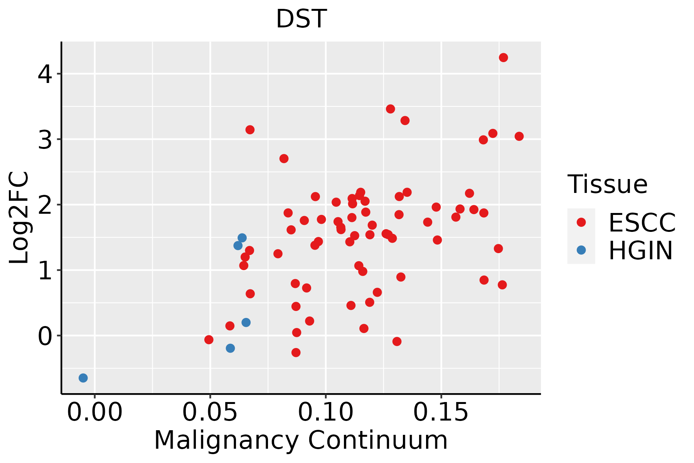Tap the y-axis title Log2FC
19,218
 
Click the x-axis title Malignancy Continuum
301,440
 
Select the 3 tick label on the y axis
45,140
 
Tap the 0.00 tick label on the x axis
94,412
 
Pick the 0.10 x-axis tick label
326,412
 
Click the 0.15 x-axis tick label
441,412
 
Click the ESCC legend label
642,223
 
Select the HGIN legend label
640,250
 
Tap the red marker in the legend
581,222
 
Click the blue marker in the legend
581,250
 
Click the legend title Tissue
608,184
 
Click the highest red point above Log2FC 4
503,57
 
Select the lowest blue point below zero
83,378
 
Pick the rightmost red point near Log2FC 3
519,136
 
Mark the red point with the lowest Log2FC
296,352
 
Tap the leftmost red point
209,340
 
